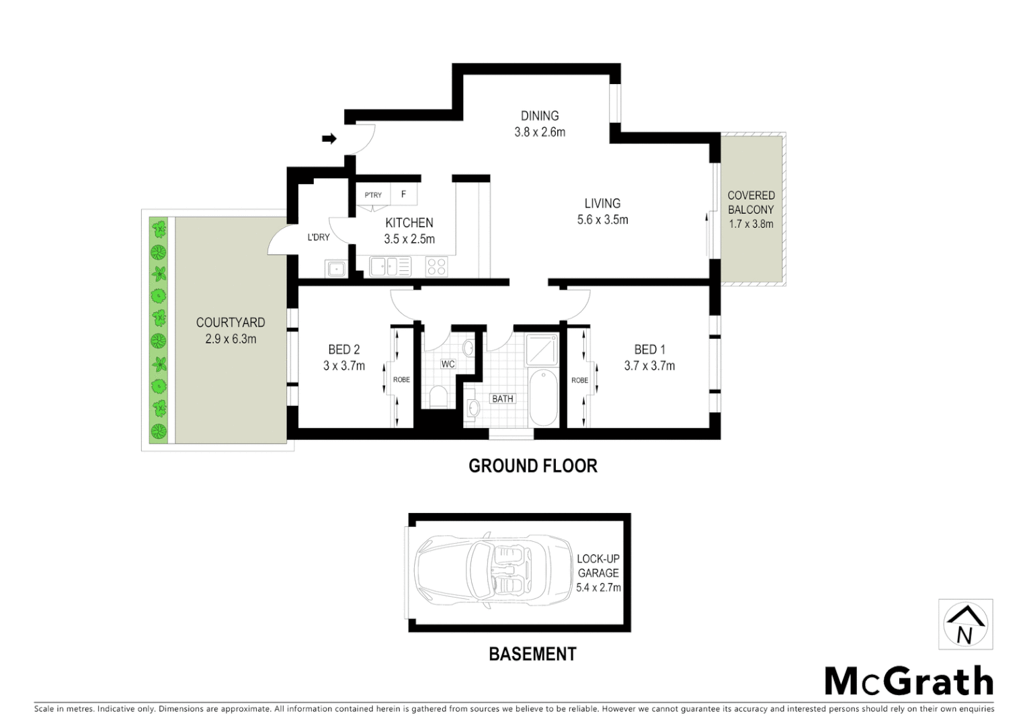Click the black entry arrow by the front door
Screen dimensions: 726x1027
(329, 138)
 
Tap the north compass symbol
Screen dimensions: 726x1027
(965, 624)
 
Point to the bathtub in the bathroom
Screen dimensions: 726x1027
(542, 397)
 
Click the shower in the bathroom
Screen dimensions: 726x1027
(542, 350)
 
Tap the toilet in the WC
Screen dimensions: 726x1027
(438, 397)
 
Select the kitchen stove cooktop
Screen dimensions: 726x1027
(437, 267)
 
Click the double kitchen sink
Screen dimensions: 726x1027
(390, 267)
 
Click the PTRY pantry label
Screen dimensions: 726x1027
(373, 195)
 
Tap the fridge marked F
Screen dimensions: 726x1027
(403, 194)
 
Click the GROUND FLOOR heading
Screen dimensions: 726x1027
(532, 465)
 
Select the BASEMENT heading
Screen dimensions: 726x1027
(532, 653)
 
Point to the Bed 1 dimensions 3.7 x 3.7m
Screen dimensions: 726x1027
(649, 366)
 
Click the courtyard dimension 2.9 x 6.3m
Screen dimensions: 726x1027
(231, 339)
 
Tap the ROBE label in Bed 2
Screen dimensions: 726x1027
(401, 380)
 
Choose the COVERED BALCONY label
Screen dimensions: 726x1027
(751, 202)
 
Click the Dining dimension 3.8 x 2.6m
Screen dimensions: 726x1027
(540, 132)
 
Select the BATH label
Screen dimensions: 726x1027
(503, 399)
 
